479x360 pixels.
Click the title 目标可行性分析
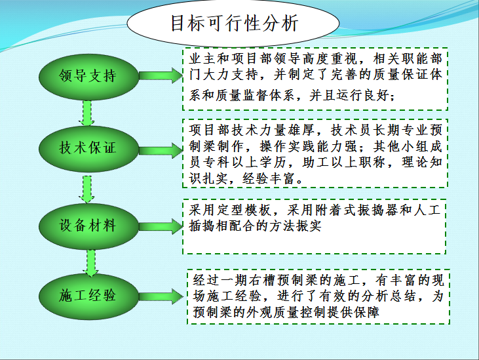[x=234, y=24]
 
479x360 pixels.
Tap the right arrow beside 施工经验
[x=160, y=294]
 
